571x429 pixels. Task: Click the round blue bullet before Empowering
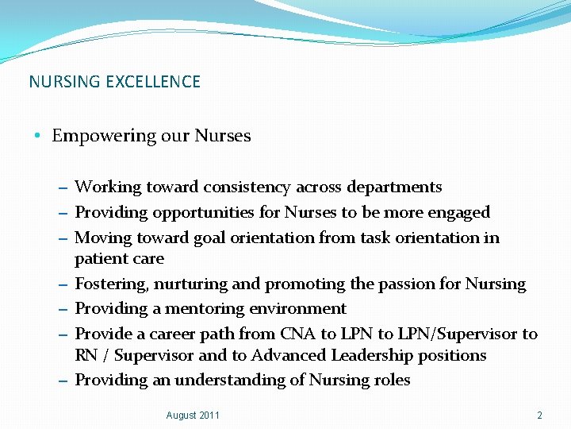pyautogui.click(x=39, y=136)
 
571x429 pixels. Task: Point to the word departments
pyautogui.click(x=394, y=187)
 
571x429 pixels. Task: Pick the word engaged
pyautogui.click(x=459, y=213)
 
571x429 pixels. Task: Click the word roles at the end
pyautogui.click(x=393, y=381)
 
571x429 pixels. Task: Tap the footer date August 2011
pyautogui.click(x=193, y=415)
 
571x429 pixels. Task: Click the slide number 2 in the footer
pyautogui.click(x=539, y=415)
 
